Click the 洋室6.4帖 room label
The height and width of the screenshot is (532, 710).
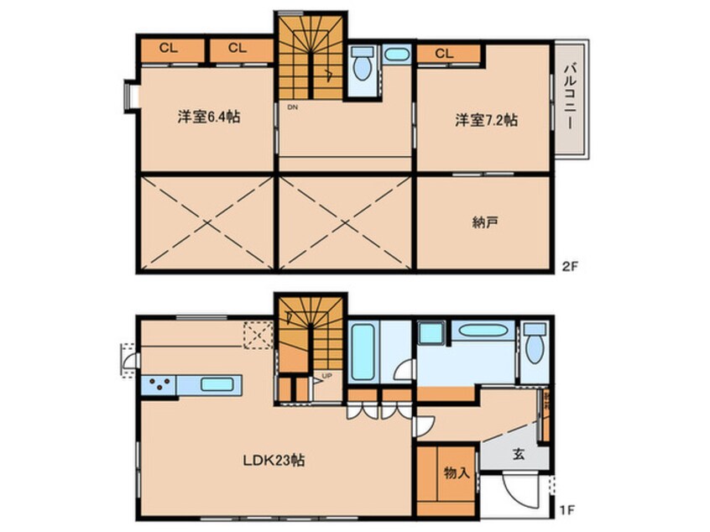point(208,118)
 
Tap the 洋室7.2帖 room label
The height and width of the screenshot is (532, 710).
point(486,120)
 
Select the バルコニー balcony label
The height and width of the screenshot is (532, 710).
point(569,97)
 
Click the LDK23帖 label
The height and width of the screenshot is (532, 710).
point(274,460)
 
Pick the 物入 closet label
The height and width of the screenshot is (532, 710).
point(456,473)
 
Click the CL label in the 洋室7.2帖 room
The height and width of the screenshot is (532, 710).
point(444,54)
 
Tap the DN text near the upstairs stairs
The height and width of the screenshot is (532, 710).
point(292,107)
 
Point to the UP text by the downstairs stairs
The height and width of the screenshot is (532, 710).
point(327,376)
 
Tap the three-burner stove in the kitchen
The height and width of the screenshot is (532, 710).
point(158,384)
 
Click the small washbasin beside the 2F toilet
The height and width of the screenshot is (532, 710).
point(395,55)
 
